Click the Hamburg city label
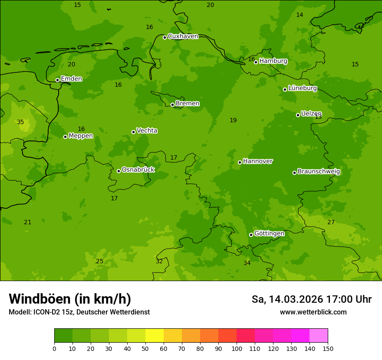pos(273,61)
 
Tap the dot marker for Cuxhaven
pos(165,37)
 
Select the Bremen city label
pos(187,104)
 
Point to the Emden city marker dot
pos(57,80)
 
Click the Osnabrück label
pos(138,170)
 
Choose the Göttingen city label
pos(269,234)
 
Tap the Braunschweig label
pos(319,172)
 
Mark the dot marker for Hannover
pos(240,162)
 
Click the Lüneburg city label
pos(302,88)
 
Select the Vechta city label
pos(147,131)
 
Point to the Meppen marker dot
pos(65,137)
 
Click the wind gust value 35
pos(20,122)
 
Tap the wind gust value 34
pos(247,263)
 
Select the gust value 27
pos(331,223)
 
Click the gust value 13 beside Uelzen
pos(318,117)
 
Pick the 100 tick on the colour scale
pos(237,348)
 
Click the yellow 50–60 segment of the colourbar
pos(155,335)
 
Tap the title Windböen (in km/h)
pos(70,299)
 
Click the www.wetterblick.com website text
pos(313,312)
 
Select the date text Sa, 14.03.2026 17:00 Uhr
pos(311,299)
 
